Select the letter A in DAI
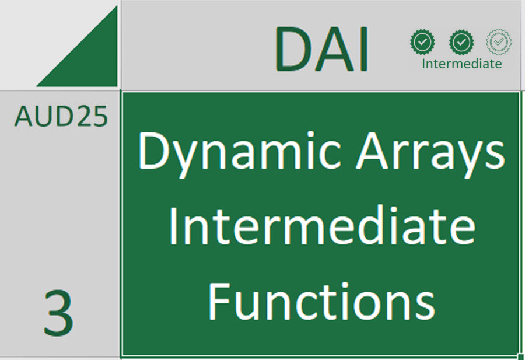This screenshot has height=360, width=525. (x=333, y=49)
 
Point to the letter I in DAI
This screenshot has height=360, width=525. (x=365, y=49)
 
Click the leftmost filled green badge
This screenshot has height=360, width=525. (x=422, y=42)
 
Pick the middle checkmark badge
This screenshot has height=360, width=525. (x=461, y=42)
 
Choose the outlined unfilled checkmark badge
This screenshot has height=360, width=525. (x=499, y=42)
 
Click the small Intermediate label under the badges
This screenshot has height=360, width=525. (x=462, y=63)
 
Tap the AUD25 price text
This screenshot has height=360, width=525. (x=61, y=116)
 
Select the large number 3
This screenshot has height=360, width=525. (x=58, y=313)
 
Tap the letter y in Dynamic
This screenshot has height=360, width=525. (x=187, y=159)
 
